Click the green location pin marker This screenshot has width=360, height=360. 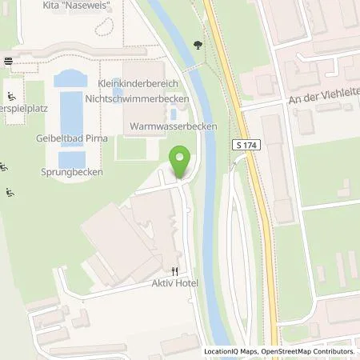[x=182, y=162]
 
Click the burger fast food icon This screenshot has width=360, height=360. [x=7, y=61]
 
